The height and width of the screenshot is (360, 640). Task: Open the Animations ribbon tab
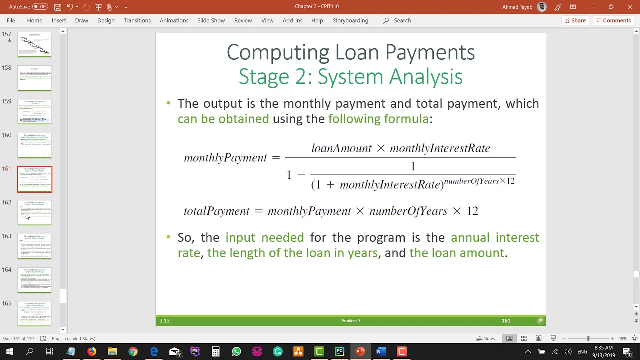(x=174, y=20)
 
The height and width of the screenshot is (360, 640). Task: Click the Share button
(x=575, y=20)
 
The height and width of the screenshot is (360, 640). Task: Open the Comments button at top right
(x=613, y=20)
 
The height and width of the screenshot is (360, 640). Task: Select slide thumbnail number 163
(x=34, y=246)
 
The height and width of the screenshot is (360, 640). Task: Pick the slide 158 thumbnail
(x=34, y=78)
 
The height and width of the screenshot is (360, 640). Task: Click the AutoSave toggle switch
(x=40, y=7)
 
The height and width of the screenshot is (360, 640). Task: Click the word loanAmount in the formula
(x=341, y=148)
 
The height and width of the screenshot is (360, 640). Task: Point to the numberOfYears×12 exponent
(x=479, y=181)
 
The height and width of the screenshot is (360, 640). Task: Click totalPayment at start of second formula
(x=216, y=211)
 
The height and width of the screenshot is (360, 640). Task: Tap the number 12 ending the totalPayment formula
(x=472, y=211)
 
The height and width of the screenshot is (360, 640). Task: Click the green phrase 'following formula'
(x=378, y=119)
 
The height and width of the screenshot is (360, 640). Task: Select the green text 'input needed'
(x=264, y=237)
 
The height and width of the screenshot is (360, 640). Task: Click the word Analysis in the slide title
(x=426, y=77)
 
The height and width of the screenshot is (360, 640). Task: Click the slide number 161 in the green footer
(x=506, y=321)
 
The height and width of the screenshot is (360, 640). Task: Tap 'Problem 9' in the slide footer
(x=350, y=321)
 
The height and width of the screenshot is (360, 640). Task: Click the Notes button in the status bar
(x=485, y=338)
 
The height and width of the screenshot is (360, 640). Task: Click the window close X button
(x=630, y=7)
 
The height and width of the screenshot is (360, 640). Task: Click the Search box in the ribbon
(x=402, y=20)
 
